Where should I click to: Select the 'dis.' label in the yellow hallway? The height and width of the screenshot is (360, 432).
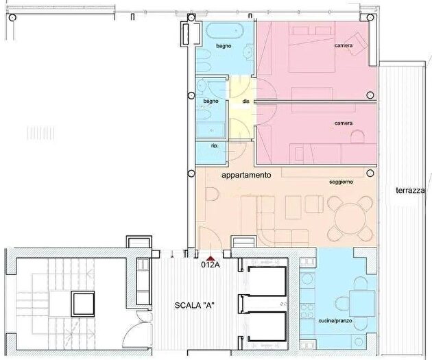(x=245, y=102)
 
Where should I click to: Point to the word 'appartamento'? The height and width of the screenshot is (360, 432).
(x=247, y=176)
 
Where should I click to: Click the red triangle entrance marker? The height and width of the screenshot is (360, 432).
(x=208, y=256)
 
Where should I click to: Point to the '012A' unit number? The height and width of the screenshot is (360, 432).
(x=210, y=264)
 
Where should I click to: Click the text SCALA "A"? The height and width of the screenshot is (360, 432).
(x=195, y=306)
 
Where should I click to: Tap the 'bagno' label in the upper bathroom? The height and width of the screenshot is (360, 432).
(x=223, y=46)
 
